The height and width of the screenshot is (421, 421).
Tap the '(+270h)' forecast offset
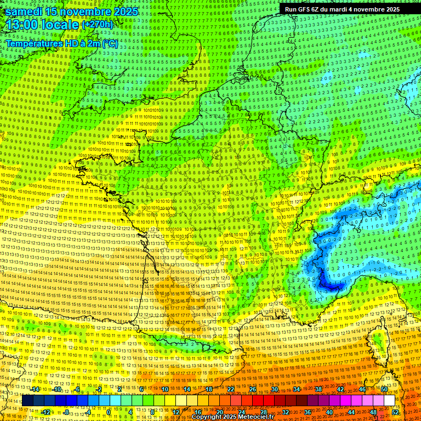pos(97,25)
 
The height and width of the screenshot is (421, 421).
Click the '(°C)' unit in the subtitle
pos(110,43)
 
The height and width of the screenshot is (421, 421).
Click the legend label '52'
pos(395,412)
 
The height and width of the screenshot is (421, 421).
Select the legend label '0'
pos(109,412)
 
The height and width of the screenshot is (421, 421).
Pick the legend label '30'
pos(274,389)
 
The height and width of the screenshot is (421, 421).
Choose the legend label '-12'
pos(46,412)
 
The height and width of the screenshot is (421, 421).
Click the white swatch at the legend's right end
pos(389,401)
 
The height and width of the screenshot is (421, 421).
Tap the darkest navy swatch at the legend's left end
pos(27,401)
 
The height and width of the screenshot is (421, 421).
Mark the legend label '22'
pos(231,389)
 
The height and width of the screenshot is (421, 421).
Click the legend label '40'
pos(329,412)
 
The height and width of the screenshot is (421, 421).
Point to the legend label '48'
pos(373,412)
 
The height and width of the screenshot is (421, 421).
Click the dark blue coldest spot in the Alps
pos(329,285)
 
